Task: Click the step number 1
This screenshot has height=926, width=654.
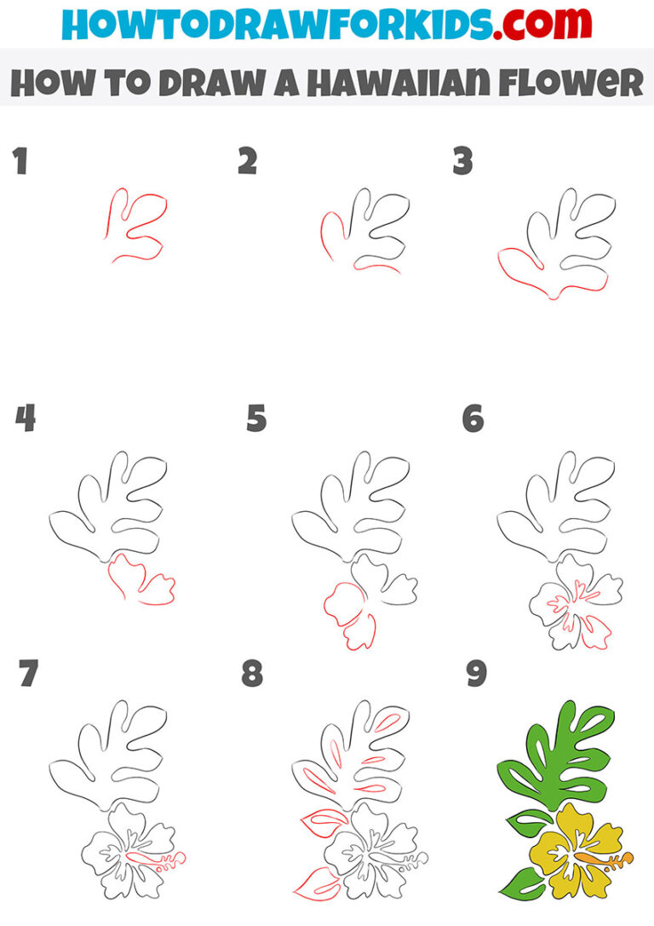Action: point(20,161)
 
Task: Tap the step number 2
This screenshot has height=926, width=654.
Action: point(247,161)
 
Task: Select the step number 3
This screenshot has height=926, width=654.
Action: point(462,161)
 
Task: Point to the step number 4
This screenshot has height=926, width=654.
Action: point(26,418)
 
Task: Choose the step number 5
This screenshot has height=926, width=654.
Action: point(256,418)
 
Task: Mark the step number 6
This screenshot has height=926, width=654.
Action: point(473,418)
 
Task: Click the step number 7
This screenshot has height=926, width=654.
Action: point(29,674)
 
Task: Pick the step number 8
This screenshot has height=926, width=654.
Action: point(253,674)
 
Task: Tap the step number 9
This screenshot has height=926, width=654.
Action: point(476,674)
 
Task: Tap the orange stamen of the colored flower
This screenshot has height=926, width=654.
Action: point(610,857)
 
